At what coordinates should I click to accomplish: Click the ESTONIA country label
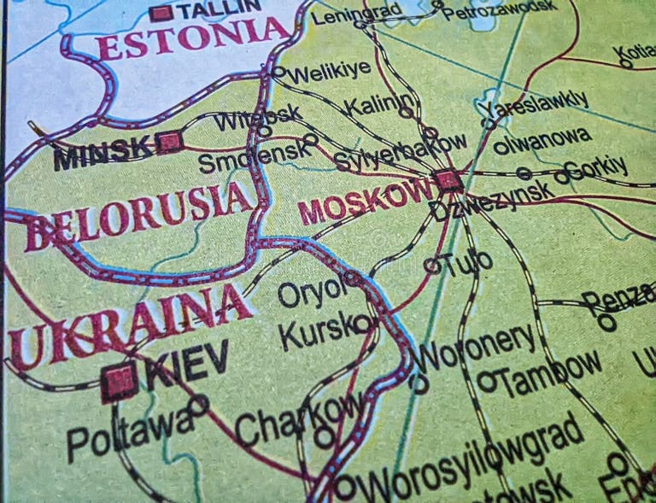click(193, 38)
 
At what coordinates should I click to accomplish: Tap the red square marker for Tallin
click(160, 13)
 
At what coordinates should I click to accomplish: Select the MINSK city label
click(102, 153)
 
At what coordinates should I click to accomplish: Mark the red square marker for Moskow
click(446, 180)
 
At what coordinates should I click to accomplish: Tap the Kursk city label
click(317, 330)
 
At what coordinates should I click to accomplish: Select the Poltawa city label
click(129, 431)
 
